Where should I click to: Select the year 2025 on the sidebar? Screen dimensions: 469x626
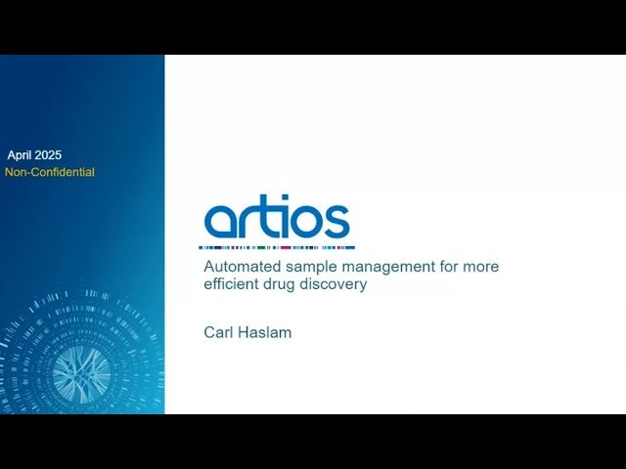(x=49, y=154)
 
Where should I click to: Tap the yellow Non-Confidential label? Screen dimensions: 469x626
(x=50, y=172)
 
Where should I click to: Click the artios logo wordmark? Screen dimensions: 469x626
(x=277, y=219)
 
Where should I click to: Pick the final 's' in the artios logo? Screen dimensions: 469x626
(x=335, y=223)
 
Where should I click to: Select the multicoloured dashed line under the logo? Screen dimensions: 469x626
(x=279, y=247)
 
